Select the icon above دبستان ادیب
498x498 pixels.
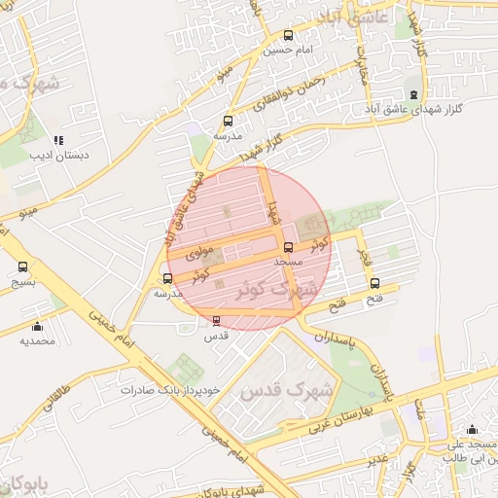(x=58, y=140)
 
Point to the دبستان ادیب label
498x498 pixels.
(x=58, y=155)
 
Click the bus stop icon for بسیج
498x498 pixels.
(x=22, y=267)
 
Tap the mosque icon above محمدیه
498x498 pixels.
(x=38, y=327)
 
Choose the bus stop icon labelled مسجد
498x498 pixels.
(x=288, y=247)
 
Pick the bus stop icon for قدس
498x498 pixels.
(x=216, y=320)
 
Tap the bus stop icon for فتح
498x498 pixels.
(x=375, y=284)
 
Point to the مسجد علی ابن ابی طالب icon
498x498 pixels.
(x=473, y=430)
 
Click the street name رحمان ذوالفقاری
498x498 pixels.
(x=314, y=92)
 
